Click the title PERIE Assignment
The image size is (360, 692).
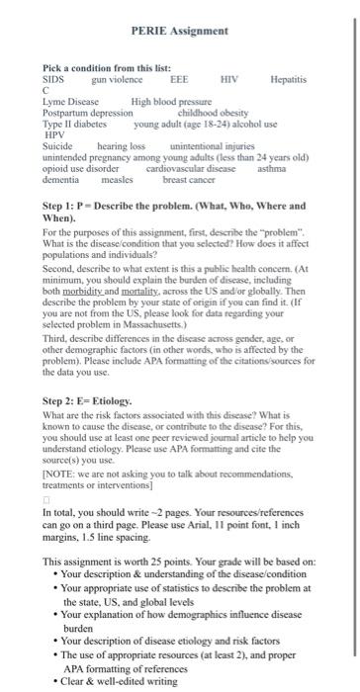tap(179, 32)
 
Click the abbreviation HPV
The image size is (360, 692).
tap(52, 134)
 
